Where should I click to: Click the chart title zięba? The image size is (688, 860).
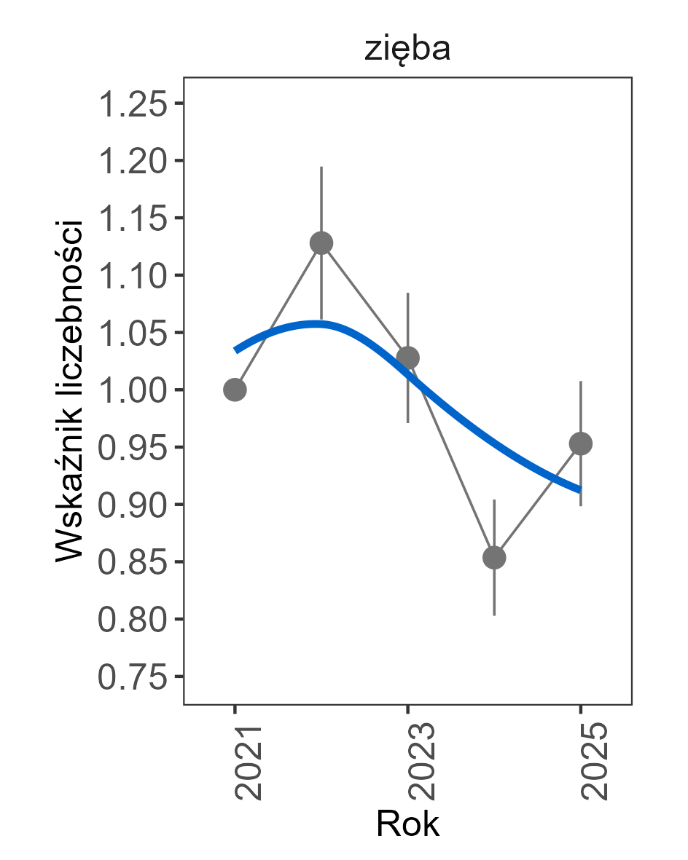coord(407,50)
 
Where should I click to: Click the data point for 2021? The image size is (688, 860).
coord(235,390)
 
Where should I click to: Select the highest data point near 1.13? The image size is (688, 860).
coord(321,243)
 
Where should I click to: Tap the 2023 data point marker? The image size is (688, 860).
coord(407,358)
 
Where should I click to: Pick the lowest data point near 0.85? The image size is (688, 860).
coord(494,558)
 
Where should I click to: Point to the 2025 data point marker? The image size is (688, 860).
coord(581,443)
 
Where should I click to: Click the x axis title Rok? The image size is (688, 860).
coord(407,825)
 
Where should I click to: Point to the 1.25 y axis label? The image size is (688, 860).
coord(132,103)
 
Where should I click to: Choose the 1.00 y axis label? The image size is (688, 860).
coord(132,390)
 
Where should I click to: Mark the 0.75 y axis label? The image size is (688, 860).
coord(132,677)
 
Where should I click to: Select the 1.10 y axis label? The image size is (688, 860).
coord(132,275)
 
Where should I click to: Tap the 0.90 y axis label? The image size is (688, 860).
coord(132,505)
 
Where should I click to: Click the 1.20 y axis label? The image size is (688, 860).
coord(132,161)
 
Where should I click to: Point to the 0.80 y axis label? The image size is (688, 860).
coord(132,620)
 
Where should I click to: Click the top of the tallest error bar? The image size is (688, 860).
coord(321,167)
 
